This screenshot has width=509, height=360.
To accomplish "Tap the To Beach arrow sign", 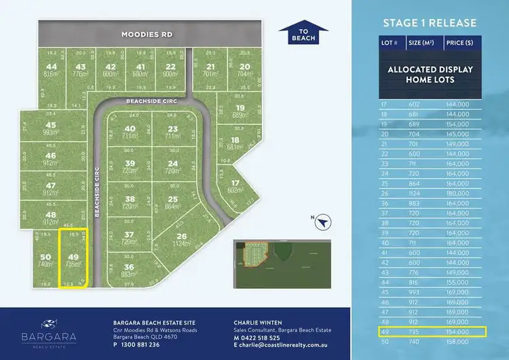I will click(x=303, y=35).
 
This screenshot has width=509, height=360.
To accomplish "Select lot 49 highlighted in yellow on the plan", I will click(x=73, y=258).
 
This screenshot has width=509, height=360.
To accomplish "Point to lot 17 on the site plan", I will click(x=234, y=187).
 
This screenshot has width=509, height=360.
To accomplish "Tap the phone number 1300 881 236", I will click(x=140, y=344).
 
